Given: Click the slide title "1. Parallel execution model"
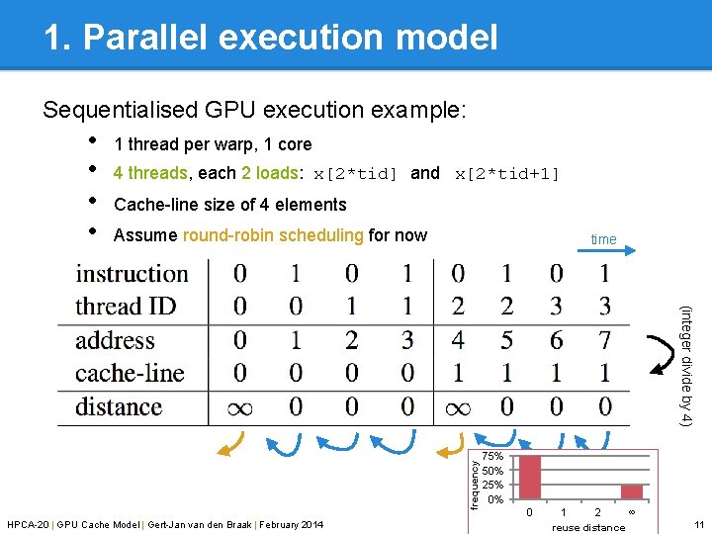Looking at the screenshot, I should point(270,37).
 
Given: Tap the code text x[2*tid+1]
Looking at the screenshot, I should point(506,174).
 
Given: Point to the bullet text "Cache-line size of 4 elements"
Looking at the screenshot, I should point(230,205).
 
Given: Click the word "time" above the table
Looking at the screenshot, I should point(603,239).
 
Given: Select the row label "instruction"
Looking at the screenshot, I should point(132,274).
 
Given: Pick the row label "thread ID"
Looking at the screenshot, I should point(125,307).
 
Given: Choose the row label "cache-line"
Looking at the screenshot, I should point(130,373).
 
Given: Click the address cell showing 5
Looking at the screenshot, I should point(506,340).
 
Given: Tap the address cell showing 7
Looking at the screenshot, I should point(604,340).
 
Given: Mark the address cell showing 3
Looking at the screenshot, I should point(406,340).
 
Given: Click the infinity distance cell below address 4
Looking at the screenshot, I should point(457,406).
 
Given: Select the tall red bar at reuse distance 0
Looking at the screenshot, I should point(530,477).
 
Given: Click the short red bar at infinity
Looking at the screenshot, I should point(631,491).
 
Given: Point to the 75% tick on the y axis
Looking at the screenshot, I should point(491,457).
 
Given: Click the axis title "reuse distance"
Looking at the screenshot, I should point(588,527).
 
